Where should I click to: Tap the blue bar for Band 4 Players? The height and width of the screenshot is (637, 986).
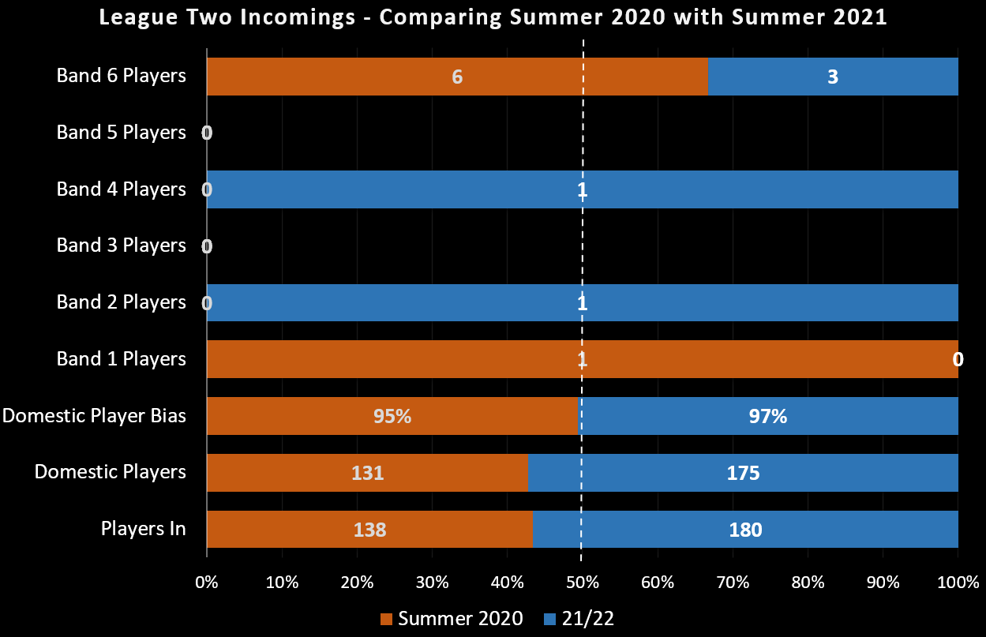[710, 189]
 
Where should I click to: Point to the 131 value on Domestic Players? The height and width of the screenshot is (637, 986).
[367, 473]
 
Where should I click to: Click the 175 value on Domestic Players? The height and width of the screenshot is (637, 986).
[744, 473]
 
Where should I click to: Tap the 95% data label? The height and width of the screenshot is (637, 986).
[392, 416]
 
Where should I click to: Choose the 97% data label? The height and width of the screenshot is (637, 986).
[768, 416]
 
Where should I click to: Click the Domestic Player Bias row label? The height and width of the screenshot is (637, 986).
[94, 415]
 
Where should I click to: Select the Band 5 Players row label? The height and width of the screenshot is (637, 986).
[121, 132]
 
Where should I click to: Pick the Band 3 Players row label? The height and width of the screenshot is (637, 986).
[121, 245]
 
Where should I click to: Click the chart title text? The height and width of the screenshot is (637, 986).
[493, 17]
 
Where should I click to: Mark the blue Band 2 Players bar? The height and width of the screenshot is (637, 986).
[710, 302]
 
